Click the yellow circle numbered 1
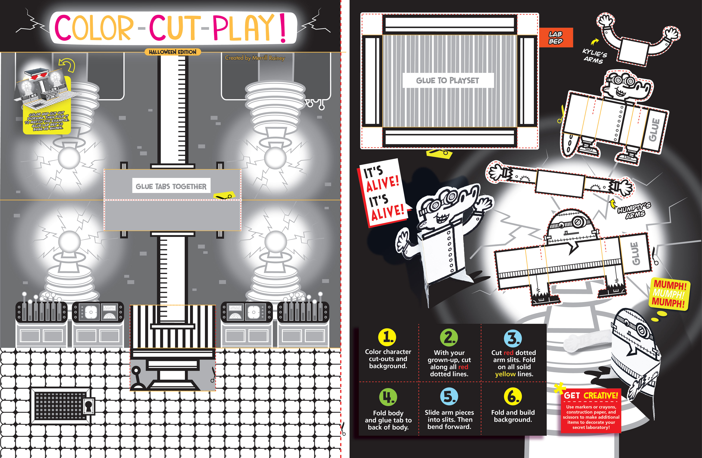click(387, 337)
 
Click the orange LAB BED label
click(556, 38)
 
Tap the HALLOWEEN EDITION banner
click(173, 52)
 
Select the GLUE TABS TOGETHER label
click(171, 186)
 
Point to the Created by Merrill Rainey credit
click(255, 58)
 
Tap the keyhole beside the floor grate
click(88, 407)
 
